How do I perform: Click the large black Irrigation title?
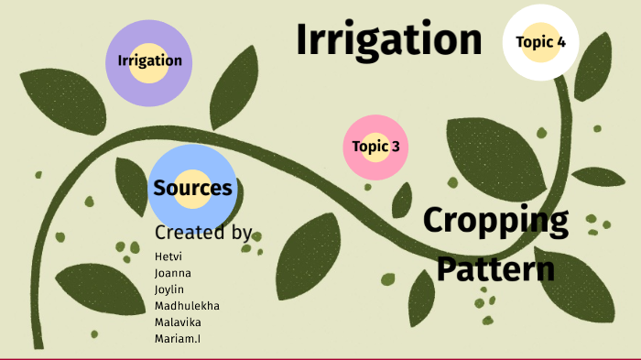pyautogui.click(x=389, y=40)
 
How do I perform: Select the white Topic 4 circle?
pyautogui.click(x=540, y=41)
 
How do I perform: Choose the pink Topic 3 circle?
pyautogui.click(x=375, y=147)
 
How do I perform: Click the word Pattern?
pyautogui.click(x=495, y=269)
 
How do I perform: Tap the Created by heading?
pyautogui.click(x=202, y=233)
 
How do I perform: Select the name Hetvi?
pyautogui.click(x=168, y=256)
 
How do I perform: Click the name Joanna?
pyautogui.click(x=173, y=273)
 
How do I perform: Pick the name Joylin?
pyautogui.click(x=170, y=289)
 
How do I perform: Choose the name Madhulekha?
pyautogui.click(x=187, y=306)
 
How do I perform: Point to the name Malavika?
pyautogui.click(x=179, y=322)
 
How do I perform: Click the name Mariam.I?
pyautogui.click(x=179, y=339)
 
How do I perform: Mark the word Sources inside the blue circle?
pyautogui.click(x=192, y=189)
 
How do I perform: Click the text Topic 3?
pyautogui.click(x=375, y=147)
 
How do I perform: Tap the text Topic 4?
pyautogui.click(x=540, y=41)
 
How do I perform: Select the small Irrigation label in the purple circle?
pyautogui.click(x=149, y=61)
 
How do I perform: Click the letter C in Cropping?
pyautogui.click(x=434, y=222)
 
